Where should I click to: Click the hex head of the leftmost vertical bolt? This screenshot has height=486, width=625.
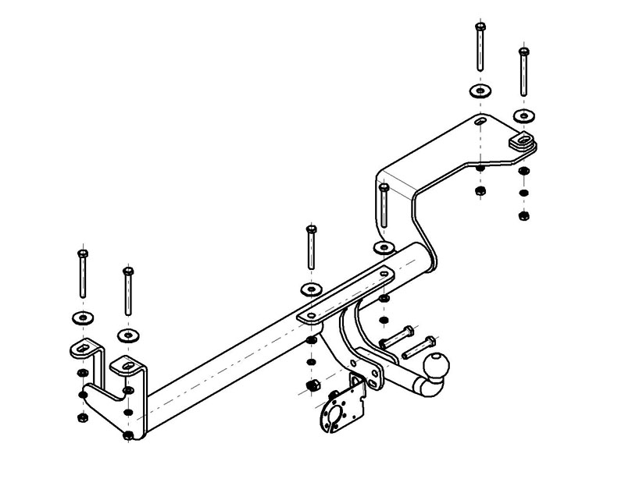pyautogui.click(x=81, y=254)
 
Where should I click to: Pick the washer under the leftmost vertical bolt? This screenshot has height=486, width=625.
pyautogui.click(x=81, y=317)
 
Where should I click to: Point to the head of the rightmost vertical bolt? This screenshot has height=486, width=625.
pyautogui.click(x=523, y=53)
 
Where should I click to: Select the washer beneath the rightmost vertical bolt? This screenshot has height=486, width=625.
pyautogui.click(x=523, y=115)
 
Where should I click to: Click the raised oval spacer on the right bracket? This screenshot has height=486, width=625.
pyautogui.click(x=523, y=141)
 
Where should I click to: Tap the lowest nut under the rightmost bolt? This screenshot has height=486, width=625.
pyautogui.click(x=523, y=215)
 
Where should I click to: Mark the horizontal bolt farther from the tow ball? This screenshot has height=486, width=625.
pyautogui.click(x=394, y=339)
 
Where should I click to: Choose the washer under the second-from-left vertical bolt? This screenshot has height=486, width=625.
pyautogui.click(x=127, y=335)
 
